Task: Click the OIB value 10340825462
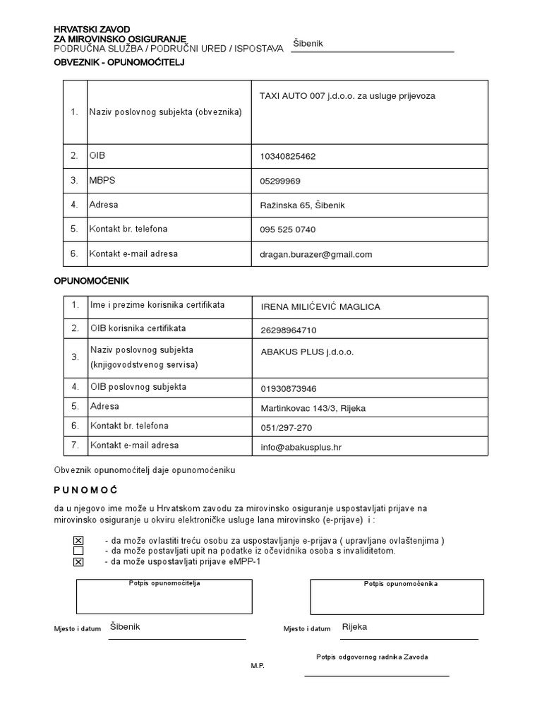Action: pos(288,156)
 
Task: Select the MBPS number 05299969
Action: pos(280,181)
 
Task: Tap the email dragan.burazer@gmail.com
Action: pos(315,254)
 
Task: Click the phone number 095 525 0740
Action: pos(288,229)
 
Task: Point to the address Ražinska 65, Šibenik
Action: pos(302,205)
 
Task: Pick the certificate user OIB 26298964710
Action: pos(289,330)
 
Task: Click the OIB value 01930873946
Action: pos(289,388)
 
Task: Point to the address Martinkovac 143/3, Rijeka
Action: pos(313,408)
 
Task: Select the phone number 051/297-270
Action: pos(286,427)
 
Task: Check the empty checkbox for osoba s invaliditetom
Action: pos(78,551)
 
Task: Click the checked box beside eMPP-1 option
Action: pos(78,561)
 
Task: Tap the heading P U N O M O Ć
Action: pos(85,490)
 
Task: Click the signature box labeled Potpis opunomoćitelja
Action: pos(164,597)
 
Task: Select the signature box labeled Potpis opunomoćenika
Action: pos(397,597)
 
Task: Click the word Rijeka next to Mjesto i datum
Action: pos(354,626)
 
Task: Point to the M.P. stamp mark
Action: pos(258,666)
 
